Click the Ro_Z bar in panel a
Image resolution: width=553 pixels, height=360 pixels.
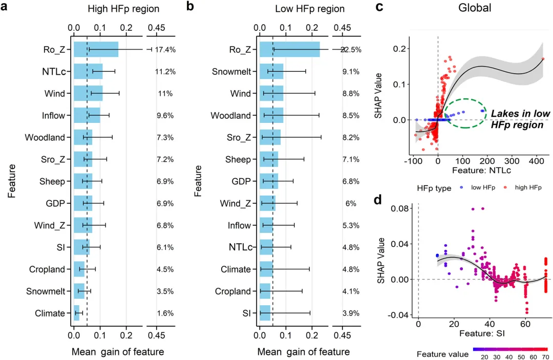click(x=96, y=50)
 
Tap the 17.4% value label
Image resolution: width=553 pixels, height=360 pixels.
click(x=165, y=50)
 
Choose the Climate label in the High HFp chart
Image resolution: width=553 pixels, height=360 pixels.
click(x=50, y=313)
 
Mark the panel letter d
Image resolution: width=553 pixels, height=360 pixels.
click(x=379, y=199)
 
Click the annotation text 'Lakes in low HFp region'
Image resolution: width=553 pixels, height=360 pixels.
click(x=520, y=119)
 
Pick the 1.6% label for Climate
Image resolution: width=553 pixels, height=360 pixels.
click(x=165, y=313)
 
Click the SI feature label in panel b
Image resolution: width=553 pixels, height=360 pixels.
click(x=247, y=313)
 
